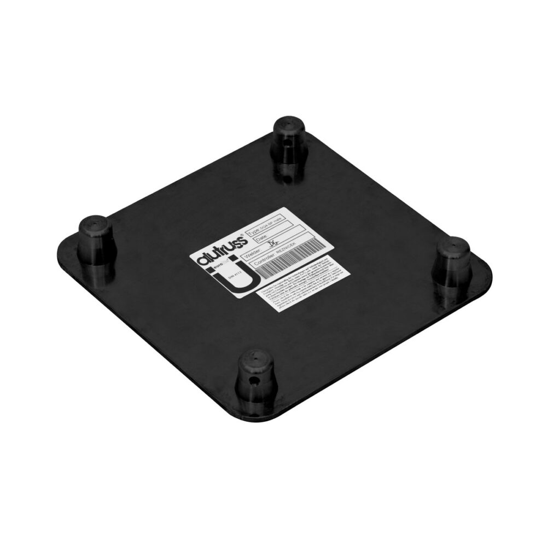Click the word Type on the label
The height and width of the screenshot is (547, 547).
click(254, 232)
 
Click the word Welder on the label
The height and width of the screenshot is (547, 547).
click(253, 255)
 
